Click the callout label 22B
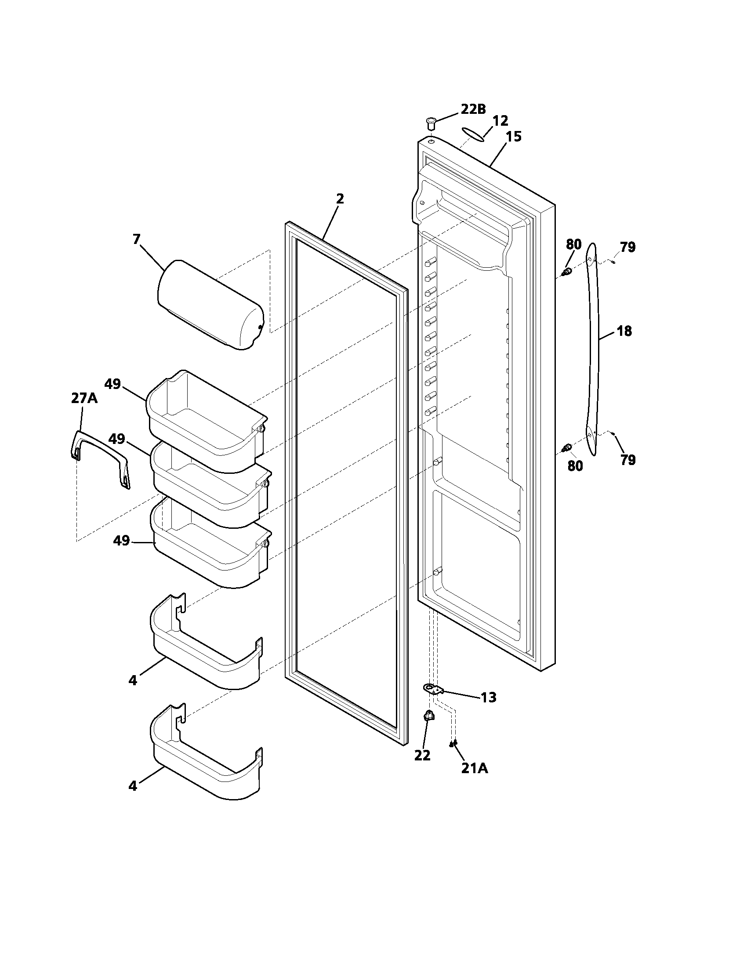click(473, 109)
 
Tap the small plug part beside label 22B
click(431, 123)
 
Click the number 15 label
click(513, 136)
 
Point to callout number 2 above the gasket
click(339, 199)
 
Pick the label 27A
click(84, 399)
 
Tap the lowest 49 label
click(121, 541)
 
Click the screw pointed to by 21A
click(453, 744)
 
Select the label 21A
click(475, 769)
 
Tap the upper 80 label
click(573, 244)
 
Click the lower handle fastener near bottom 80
click(566, 449)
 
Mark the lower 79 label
click(628, 460)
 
